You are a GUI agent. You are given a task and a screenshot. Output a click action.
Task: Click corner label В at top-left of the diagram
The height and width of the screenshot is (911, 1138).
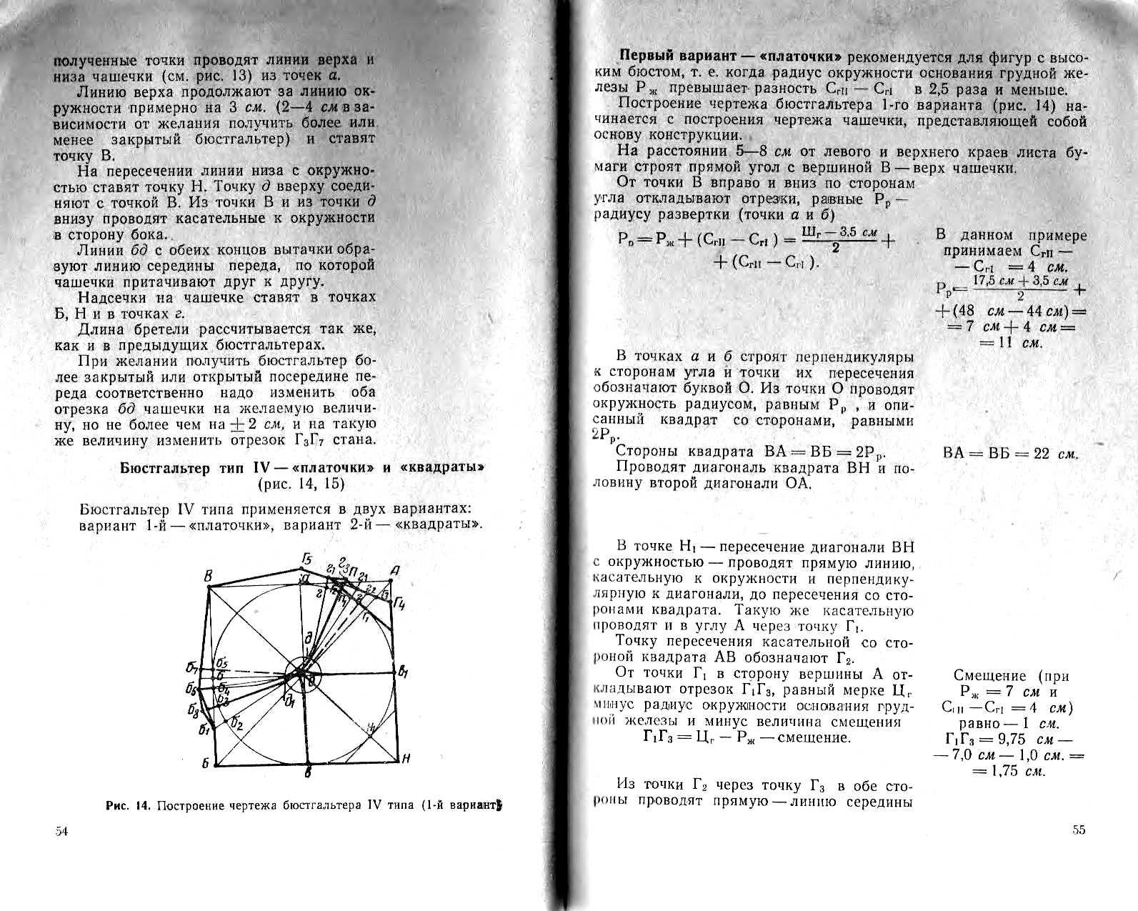coord(208,577)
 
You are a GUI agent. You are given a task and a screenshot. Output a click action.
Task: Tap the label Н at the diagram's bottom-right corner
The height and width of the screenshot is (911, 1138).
coord(406,760)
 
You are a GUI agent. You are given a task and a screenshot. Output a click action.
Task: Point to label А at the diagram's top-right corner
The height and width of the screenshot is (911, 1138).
coord(394,570)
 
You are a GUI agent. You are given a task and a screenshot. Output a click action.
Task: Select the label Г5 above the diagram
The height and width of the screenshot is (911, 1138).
coord(307,558)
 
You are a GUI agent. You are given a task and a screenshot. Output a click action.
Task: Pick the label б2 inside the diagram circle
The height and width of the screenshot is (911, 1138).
coord(237,725)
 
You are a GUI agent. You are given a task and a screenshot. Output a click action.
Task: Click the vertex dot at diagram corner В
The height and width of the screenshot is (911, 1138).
coord(208,587)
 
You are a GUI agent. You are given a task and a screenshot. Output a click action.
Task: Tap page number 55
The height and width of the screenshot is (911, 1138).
coord(1079,830)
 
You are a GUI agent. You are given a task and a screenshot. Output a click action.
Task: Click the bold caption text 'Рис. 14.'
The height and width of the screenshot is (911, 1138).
coord(129,806)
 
